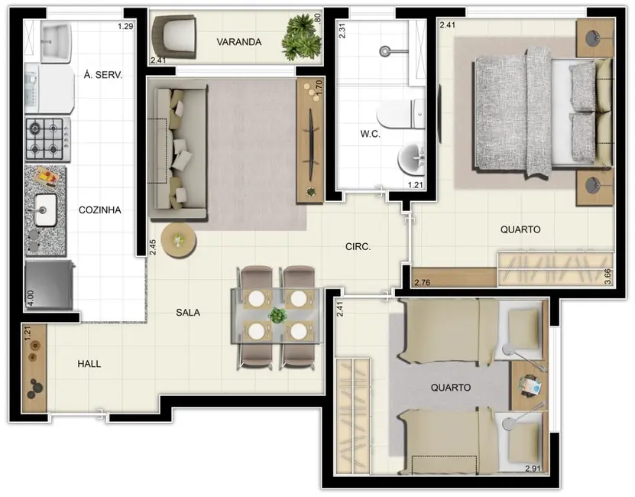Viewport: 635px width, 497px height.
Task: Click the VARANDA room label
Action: (239, 42)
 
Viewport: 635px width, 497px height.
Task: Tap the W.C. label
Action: (370, 134)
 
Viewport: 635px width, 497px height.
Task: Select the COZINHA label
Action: (99, 210)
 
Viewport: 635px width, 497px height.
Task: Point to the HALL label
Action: (89, 364)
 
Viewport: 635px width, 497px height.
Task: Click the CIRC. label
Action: (358, 246)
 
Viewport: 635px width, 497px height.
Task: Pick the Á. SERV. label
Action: (103, 75)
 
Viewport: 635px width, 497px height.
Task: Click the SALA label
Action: (188, 312)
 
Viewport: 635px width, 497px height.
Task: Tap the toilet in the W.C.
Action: (400, 114)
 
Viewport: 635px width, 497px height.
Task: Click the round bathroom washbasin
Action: (411, 159)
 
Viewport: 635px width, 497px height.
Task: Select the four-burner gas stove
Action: (48, 139)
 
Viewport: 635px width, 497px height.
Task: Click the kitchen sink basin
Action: (44, 210)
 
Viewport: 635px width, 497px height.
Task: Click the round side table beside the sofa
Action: (179, 240)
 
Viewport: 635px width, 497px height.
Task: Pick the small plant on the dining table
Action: (277, 315)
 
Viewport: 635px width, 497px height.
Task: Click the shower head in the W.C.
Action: (384, 51)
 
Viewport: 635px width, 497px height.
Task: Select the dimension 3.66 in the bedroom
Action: (607, 277)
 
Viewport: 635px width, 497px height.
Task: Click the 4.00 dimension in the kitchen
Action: (31, 298)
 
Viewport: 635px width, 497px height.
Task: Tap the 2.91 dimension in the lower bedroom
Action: (533, 469)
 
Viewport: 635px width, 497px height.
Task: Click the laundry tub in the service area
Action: (57, 42)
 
